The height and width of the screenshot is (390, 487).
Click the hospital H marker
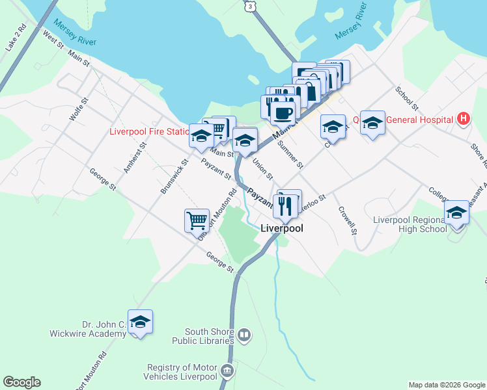coord(463,119)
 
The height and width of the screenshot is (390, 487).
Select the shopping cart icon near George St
coord(197,220)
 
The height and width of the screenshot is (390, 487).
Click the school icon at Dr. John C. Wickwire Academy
coord(140,322)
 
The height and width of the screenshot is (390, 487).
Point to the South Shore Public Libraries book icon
coord(244,335)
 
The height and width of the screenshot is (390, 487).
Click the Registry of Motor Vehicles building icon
coord(227,371)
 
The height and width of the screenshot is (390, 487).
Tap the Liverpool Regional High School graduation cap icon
coord(457,213)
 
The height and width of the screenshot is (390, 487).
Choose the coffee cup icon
coord(282,113)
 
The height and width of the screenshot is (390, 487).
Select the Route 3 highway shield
coord(249,5)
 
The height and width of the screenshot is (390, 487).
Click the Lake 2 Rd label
coord(15,38)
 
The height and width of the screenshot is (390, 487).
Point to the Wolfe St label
coord(78,110)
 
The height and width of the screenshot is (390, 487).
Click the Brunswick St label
coord(174,176)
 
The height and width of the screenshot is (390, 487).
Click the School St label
coord(406,97)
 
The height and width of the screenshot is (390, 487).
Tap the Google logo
coord(21,382)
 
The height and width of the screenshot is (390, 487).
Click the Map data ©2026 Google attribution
coord(447,385)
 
